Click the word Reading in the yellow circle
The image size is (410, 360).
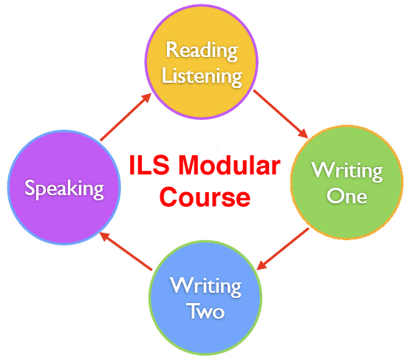pos(202,51)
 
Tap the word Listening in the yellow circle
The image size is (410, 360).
pos(202,76)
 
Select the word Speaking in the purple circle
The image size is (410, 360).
pos(64,189)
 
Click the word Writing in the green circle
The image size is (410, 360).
pos(347,171)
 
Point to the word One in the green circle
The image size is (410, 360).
pos(346,196)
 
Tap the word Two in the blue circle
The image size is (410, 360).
pos(205,311)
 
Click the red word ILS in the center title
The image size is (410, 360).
pos(149,166)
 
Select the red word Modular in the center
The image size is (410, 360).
pos(230,166)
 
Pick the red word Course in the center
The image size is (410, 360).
pos(205,197)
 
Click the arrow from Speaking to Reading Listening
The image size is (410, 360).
pos(126,117)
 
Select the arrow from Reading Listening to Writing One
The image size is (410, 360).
pos(281,114)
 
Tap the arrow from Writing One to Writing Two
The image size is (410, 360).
pos(283,249)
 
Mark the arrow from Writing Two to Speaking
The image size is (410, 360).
pos(126,251)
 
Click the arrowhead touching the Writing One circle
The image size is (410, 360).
pos(304,134)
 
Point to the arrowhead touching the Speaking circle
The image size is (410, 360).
pos(105,237)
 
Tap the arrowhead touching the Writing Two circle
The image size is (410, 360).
pos(262,265)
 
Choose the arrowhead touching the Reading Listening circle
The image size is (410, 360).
pos(147,98)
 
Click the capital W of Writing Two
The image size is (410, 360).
pos(180,285)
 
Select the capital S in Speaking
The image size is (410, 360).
pos(30,187)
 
